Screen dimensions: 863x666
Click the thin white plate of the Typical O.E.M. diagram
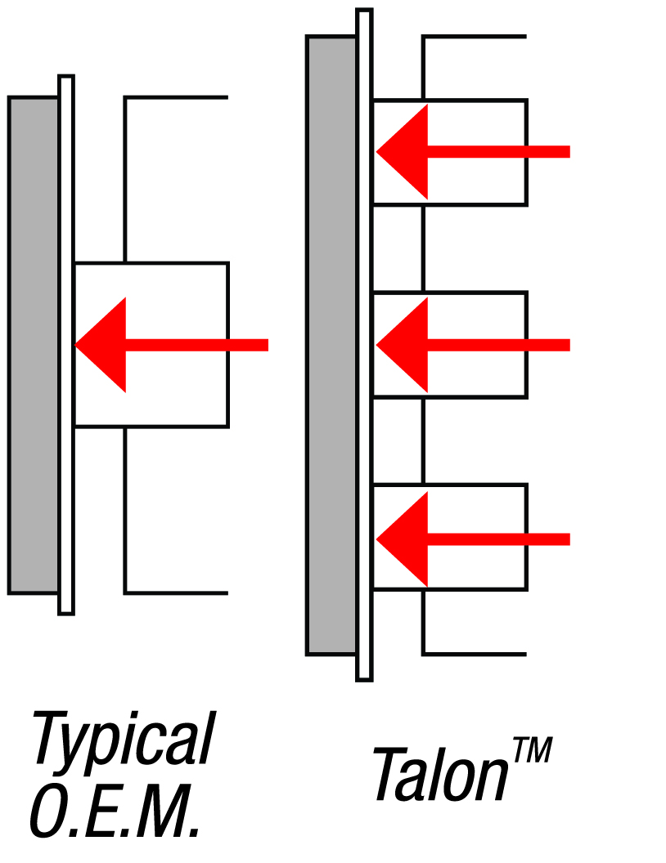[66, 490]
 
